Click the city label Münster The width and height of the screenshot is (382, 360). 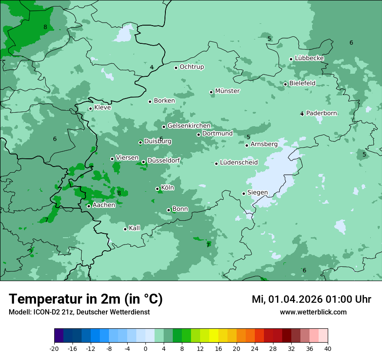pos(227,91)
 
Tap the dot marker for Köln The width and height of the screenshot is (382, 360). pos(157,189)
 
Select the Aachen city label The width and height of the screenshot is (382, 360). pos(104,205)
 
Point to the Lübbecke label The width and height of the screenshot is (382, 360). pos(309,58)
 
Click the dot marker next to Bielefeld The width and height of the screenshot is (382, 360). pos(285,84)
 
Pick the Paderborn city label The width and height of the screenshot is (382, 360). pos(321,113)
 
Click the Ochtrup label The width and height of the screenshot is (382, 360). pos(191,67)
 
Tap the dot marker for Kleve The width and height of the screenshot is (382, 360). pos(90,108)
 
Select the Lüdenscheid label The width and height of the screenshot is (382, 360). pos(239,163)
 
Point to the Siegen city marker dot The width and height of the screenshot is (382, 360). pos(244,193)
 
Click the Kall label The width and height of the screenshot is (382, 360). pos(135,228)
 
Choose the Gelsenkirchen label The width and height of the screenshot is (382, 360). pos(189,126)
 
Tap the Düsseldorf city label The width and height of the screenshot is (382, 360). pos(164,161)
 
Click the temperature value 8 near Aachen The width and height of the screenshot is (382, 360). pos(119,193)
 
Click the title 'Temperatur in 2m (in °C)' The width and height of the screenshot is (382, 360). pos(86,299)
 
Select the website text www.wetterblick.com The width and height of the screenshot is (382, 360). pos(313,312)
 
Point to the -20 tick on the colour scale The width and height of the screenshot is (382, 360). pos(54,348)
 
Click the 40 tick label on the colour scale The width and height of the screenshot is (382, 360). pos(328,348)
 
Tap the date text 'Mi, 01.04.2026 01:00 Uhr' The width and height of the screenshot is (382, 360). pos(311,299)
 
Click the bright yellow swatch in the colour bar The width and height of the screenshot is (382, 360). pos(214,336)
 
